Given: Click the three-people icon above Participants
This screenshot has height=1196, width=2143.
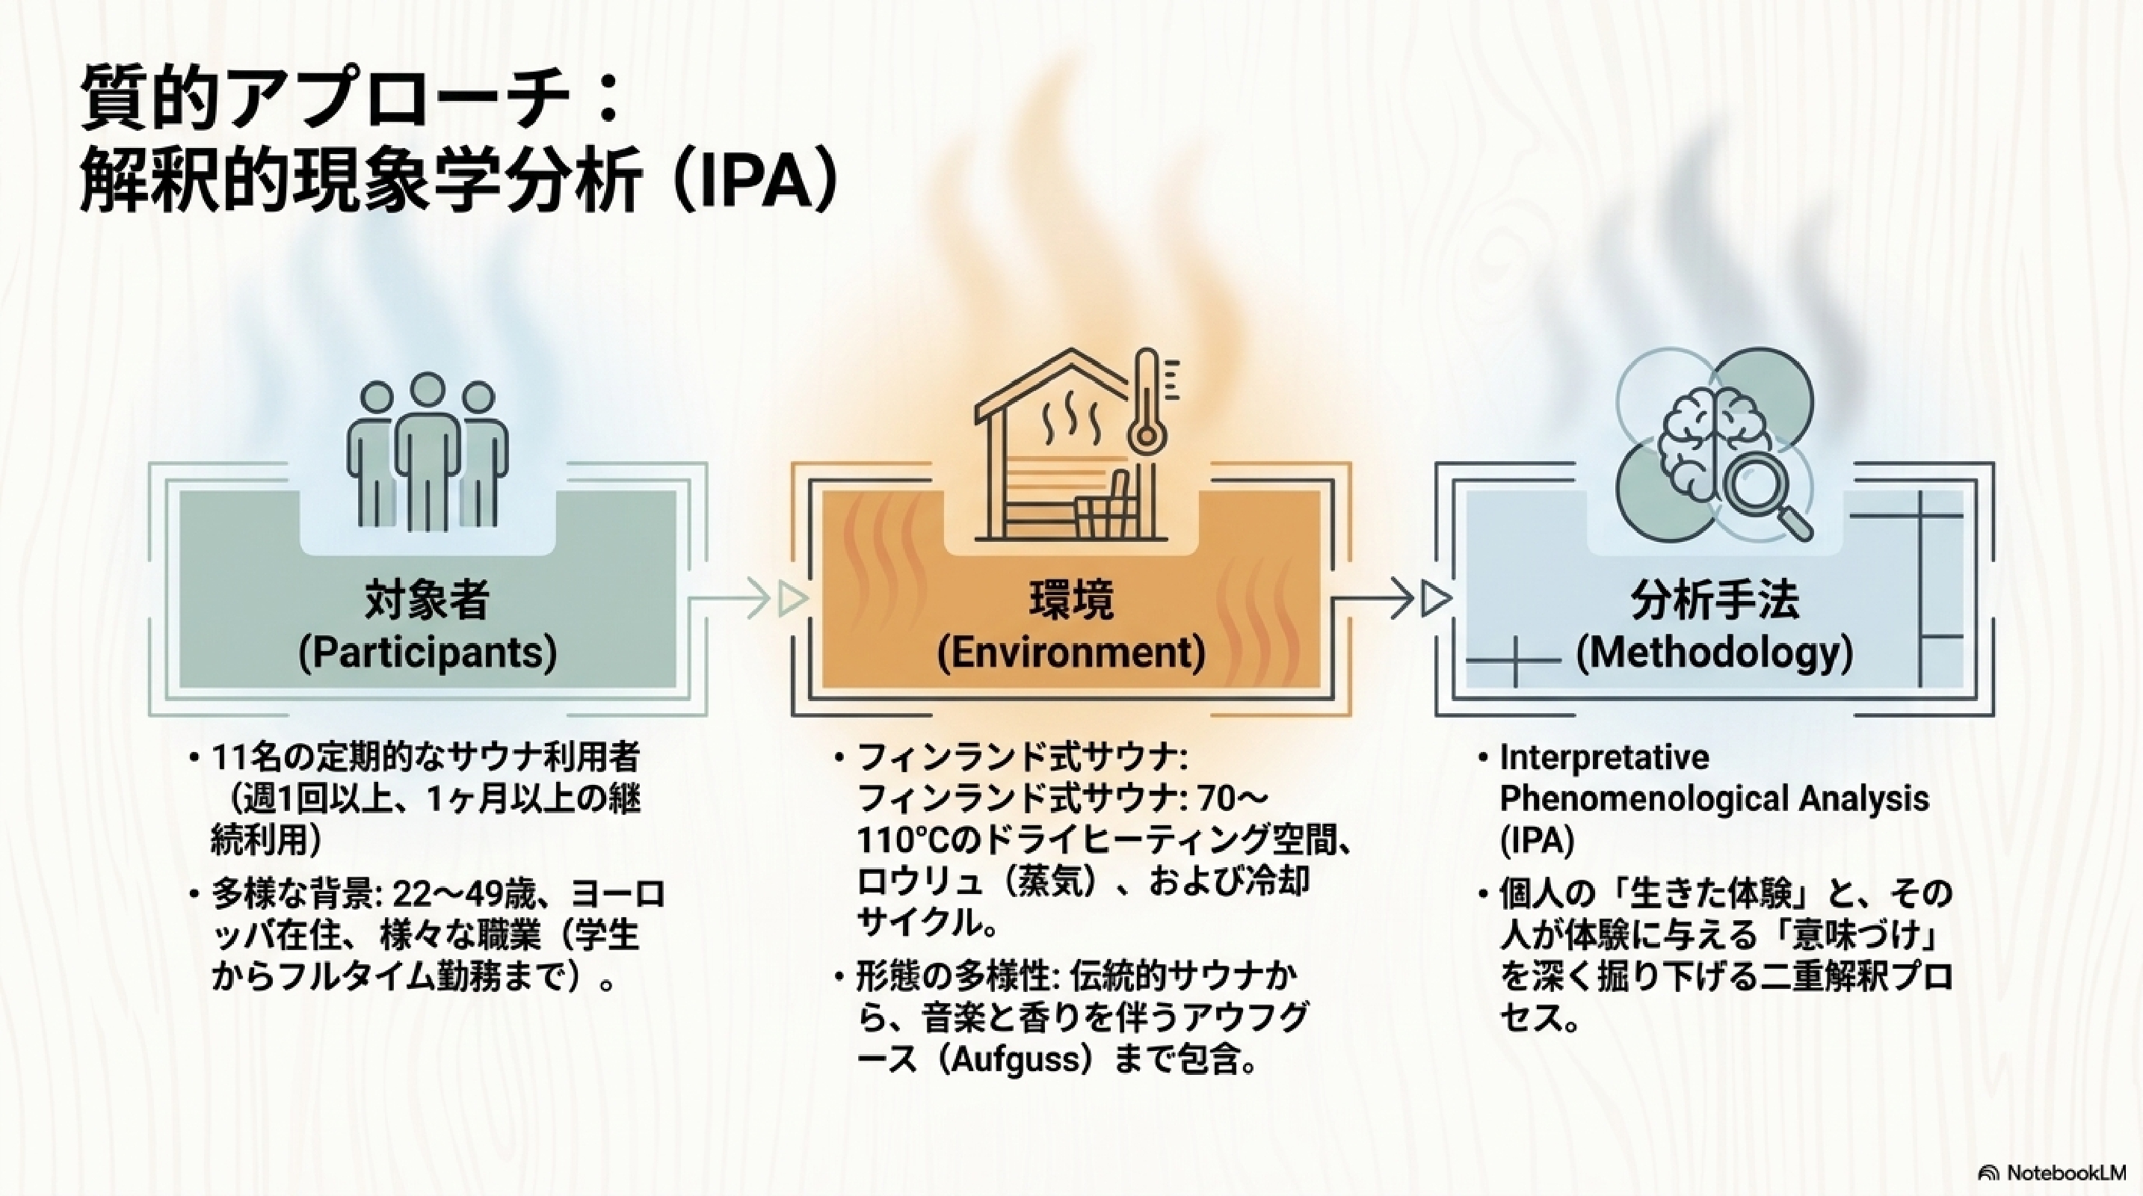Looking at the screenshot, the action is click(x=427, y=452).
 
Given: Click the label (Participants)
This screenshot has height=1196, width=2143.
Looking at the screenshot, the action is click(x=427, y=653).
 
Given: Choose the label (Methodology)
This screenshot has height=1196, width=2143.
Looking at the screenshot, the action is click(x=1715, y=653).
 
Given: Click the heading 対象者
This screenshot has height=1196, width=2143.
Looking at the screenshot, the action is click(x=427, y=599).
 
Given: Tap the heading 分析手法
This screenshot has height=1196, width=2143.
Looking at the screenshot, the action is click(x=1715, y=599).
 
